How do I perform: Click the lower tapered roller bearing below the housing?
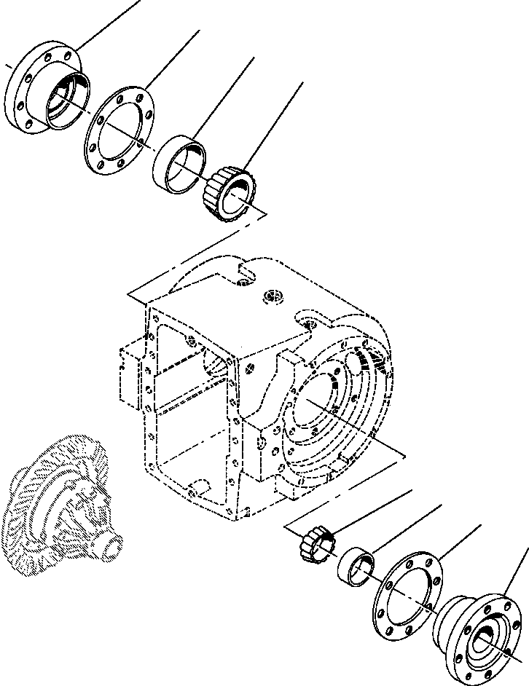click(316, 545)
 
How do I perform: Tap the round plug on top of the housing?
click(274, 296)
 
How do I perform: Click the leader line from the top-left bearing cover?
click(109, 22)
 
